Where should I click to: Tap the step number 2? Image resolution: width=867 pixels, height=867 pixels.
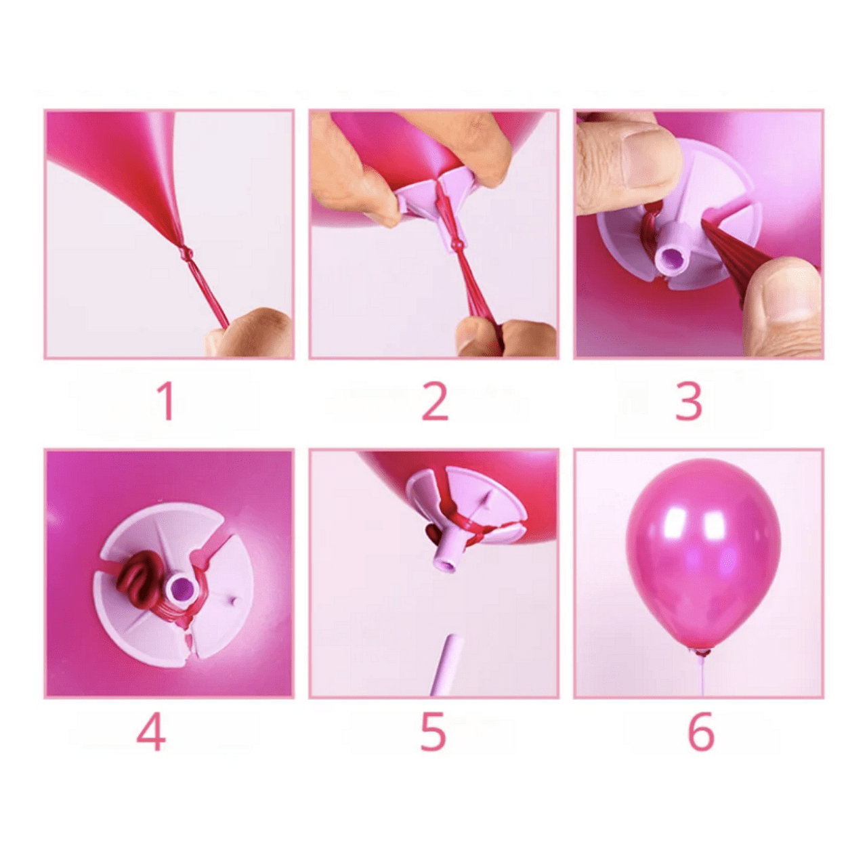point(435,402)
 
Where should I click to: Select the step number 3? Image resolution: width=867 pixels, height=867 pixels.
point(689,402)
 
